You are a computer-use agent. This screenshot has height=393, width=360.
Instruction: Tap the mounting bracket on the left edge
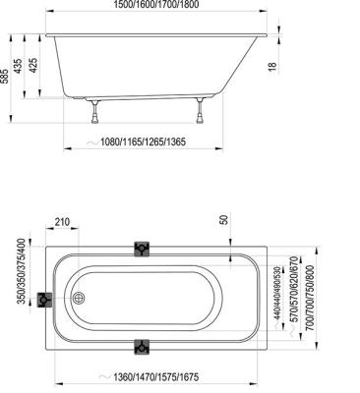(x=44, y=299)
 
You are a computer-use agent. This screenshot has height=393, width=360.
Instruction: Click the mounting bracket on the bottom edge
(x=144, y=346)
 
